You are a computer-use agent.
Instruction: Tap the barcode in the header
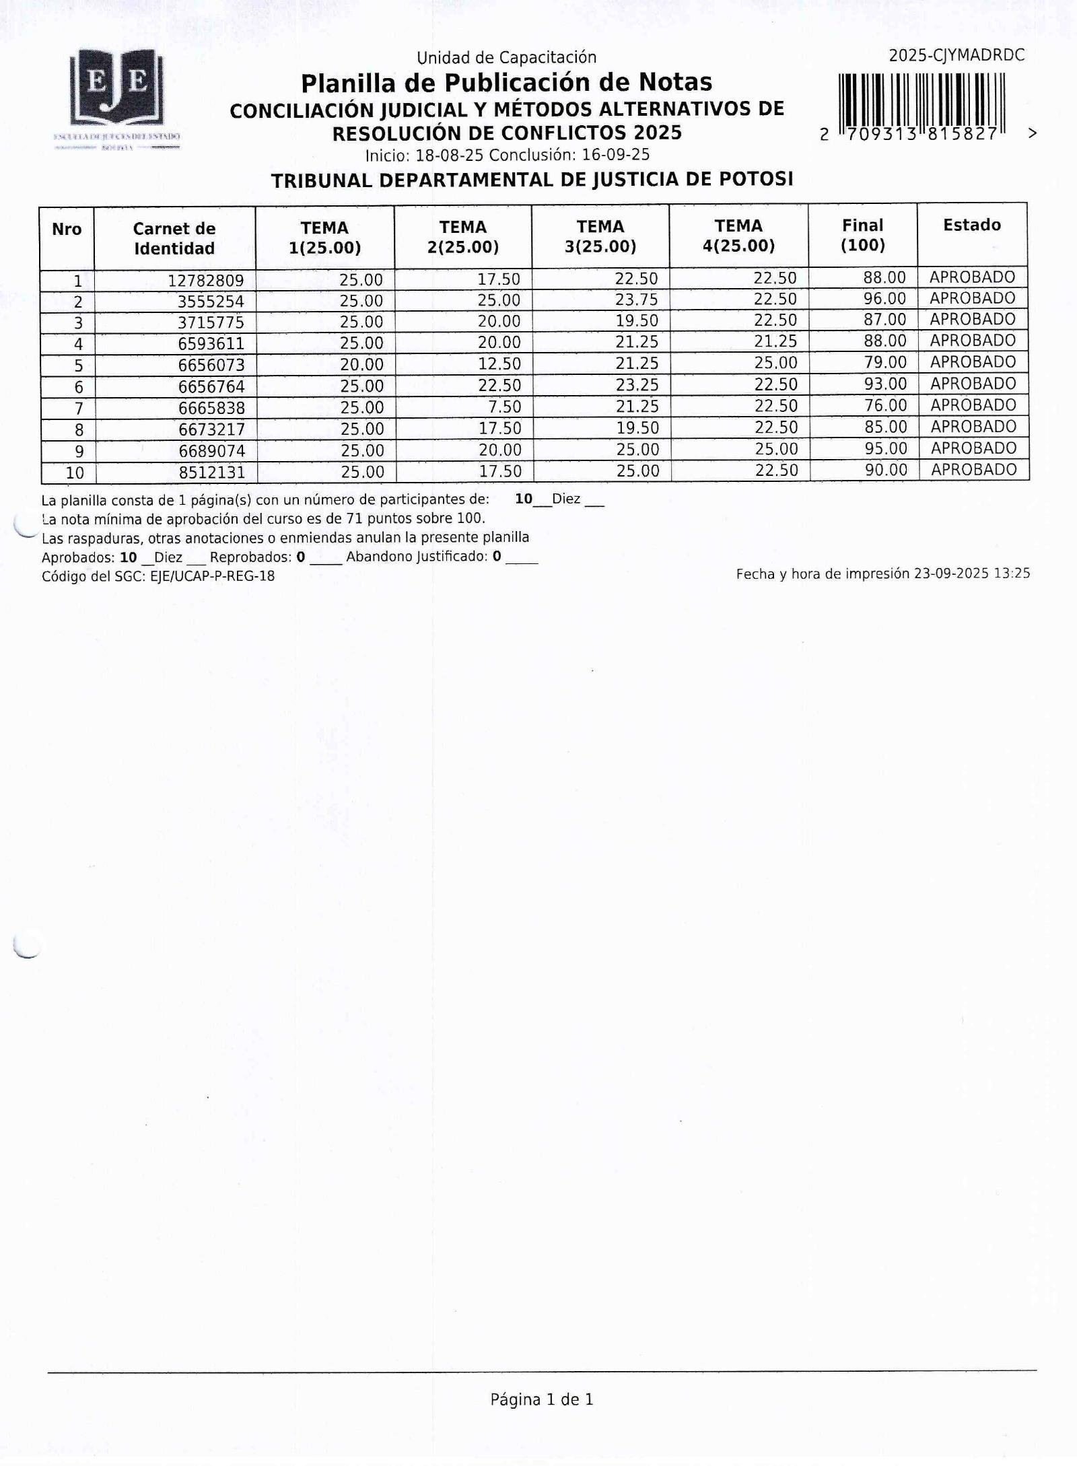pos(922,101)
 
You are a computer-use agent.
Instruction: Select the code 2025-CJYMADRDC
pos(957,56)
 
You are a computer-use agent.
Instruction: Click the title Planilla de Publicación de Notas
pos(506,83)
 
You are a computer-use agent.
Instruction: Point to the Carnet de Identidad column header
pos(174,238)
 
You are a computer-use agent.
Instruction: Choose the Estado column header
pos(971,225)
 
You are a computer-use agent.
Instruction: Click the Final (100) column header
pos(862,235)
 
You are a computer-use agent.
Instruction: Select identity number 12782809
pos(205,280)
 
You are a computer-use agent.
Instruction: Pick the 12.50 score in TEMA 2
pos(499,364)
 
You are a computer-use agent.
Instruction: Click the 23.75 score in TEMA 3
pos(636,300)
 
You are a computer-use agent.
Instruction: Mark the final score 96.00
pos(884,298)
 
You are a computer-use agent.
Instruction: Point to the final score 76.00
pos(885,405)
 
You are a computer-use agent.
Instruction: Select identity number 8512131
pos(211,472)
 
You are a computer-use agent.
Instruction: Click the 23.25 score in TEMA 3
pos(636,385)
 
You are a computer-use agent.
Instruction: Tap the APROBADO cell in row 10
pos(973,470)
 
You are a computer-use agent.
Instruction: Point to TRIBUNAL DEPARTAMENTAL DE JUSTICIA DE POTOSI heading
pos(532,180)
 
